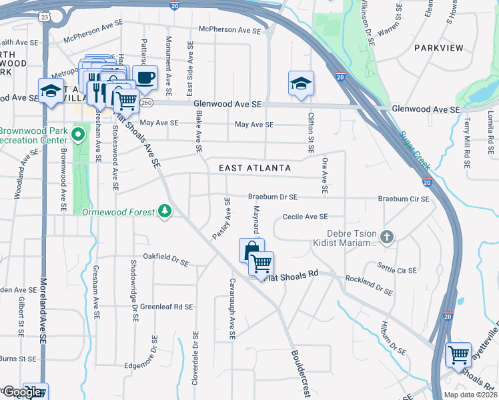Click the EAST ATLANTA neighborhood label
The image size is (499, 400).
point(255,168)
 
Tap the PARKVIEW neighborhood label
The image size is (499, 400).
point(438,48)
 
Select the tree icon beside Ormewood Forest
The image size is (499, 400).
point(165,211)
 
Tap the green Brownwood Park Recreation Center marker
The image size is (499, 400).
point(78,135)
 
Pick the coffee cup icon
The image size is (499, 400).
point(145,77)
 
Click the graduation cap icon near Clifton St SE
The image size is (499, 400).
point(301,83)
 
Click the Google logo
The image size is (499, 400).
point(23,392)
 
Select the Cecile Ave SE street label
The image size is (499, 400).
point(305,217)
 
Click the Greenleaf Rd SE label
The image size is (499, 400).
point(167,307)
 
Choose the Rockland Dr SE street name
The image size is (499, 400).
point(368,285)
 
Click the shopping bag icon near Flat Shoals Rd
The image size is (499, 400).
point(251,250)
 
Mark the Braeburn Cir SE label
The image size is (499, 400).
point(404,198)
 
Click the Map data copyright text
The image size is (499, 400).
point(471,395)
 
